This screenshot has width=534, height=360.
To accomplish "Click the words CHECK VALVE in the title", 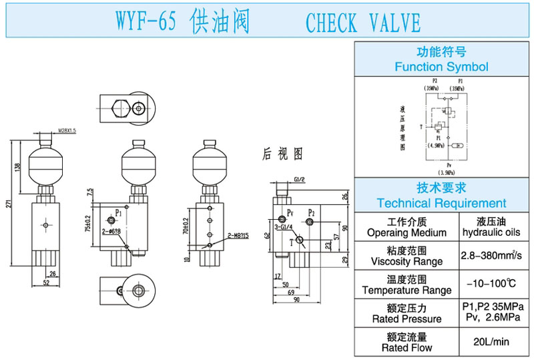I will (x=363, y=23).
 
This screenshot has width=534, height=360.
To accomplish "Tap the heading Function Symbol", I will (x=441, y=67).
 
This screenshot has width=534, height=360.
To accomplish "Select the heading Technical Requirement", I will (x=441, y=203).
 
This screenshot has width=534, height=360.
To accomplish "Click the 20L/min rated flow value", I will (x=491, y=341).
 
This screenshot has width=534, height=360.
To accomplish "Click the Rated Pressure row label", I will (x=407, y=313).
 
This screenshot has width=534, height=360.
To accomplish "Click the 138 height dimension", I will (x=19, y=166).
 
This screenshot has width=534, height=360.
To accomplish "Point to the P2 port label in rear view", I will (x=311, y=213).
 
